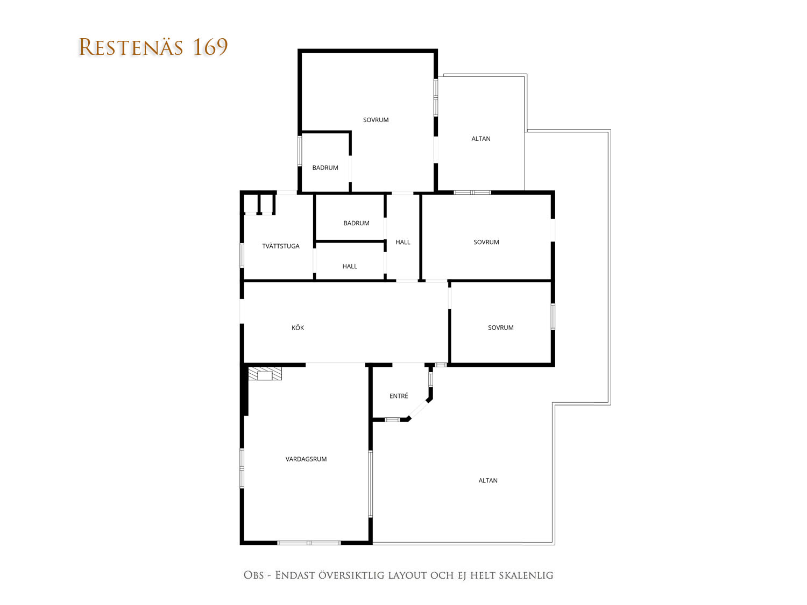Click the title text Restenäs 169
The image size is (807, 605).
(153, 47)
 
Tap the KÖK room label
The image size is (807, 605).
(298, 328)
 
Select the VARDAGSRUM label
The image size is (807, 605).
(306, 459)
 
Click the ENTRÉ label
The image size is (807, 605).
(399, 395)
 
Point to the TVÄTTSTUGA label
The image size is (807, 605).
(280, 246)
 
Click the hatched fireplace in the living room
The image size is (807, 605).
(265, 373)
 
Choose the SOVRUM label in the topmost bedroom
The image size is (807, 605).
(376, 120)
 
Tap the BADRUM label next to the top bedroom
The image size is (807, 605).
(325, 167)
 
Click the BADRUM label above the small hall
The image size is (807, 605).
(356, 223)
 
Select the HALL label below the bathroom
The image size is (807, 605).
(350, 266)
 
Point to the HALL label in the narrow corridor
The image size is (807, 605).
(402, 242)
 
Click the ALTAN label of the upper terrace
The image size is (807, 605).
(481, 139)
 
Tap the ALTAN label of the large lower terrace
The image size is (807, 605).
(488, 480)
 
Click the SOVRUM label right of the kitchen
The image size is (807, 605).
(500, 328)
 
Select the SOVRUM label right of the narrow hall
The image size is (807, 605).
(486, 242)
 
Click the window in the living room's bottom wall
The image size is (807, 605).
(309, 543)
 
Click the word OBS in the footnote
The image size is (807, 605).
(254, 575)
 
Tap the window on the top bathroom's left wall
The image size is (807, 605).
(300, 151)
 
